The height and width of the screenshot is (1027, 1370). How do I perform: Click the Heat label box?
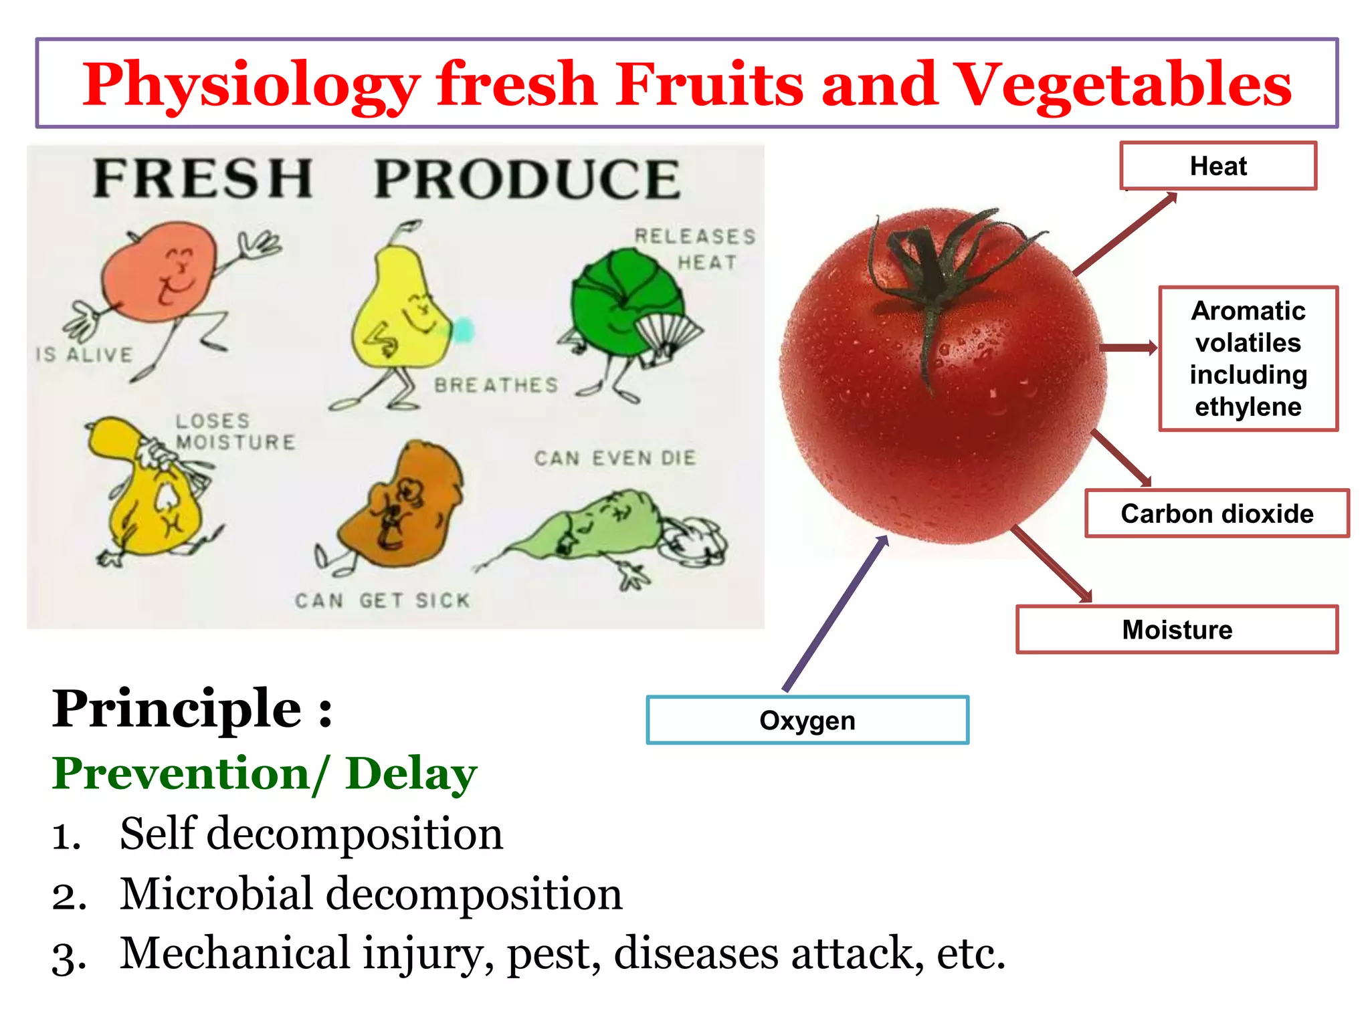point(1217,166)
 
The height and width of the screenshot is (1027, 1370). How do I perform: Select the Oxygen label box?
point(807,720)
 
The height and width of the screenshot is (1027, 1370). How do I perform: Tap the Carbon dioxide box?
point(1216,513)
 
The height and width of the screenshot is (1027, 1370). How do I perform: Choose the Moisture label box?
point(1176,629)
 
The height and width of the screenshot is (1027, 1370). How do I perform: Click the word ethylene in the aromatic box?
point(1248,407)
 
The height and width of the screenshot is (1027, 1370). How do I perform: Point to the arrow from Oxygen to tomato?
point(836,612)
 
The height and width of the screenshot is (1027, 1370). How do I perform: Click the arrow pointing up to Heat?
point(1124,234)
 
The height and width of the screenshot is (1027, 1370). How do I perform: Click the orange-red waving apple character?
point(161,274)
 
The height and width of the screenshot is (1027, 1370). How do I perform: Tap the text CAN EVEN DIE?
point(615,458)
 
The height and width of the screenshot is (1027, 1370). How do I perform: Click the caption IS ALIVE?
point(84,354)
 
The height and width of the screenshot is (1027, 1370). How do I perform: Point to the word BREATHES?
point(496,385)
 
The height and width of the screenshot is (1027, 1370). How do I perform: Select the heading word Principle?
point(177,709)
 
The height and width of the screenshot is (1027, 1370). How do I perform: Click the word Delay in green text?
point(411,774)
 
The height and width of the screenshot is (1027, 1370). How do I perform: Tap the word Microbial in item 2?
point(216,894)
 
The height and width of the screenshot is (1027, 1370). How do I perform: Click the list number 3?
point(68,957)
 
